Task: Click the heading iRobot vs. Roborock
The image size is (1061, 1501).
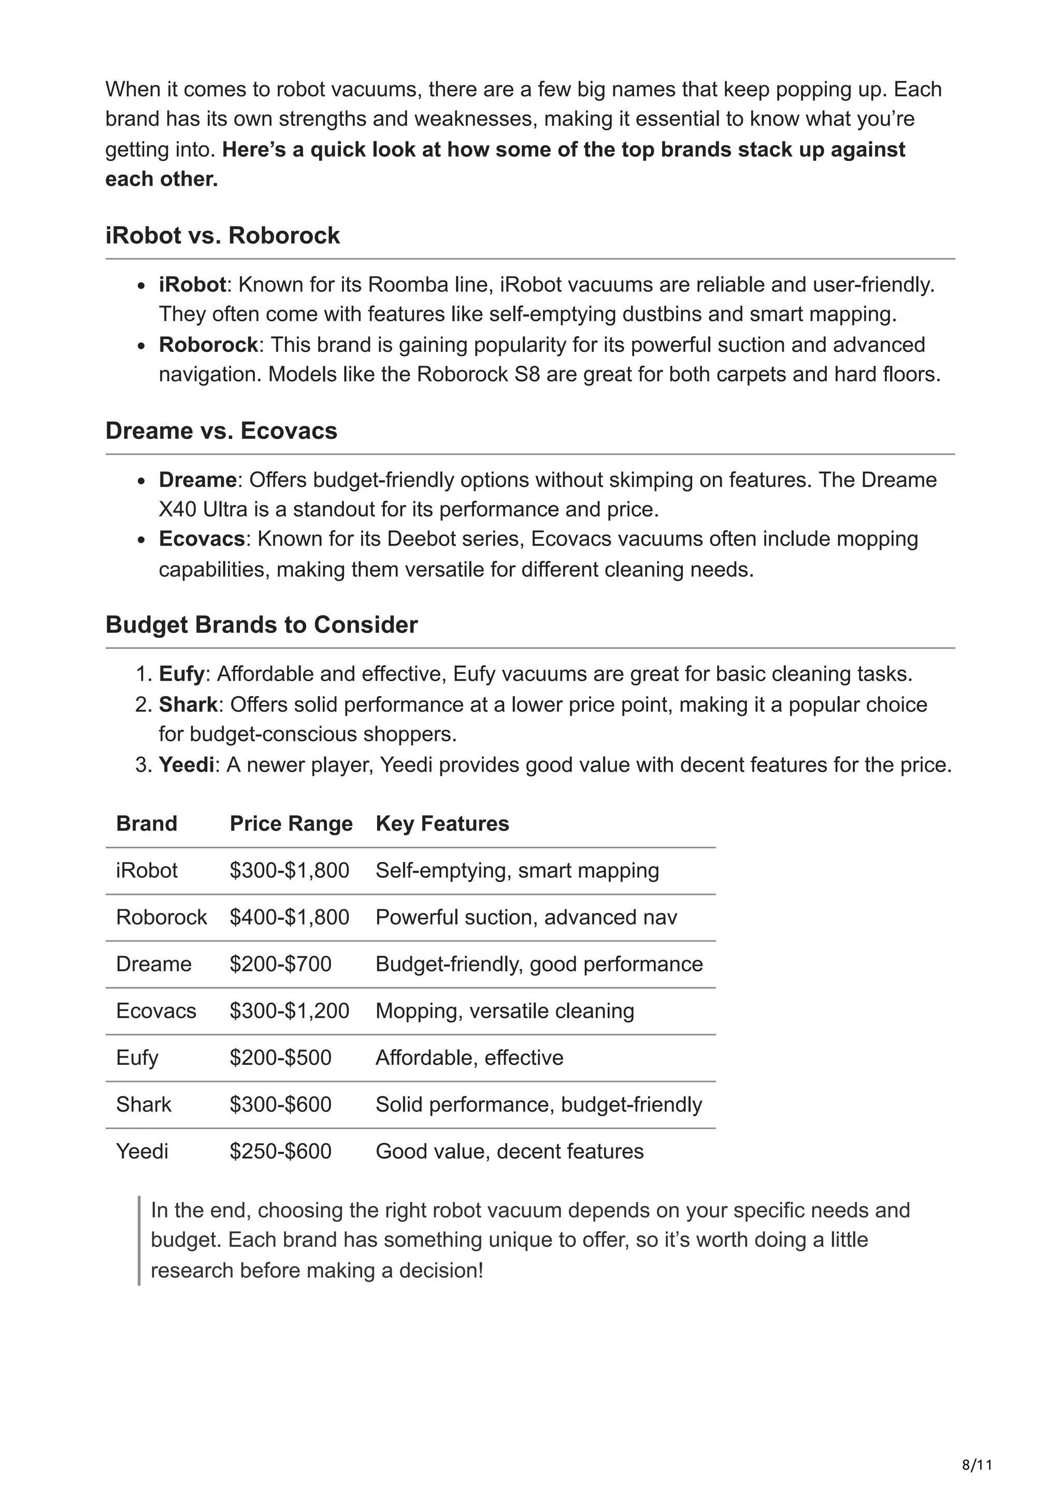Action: coord(222,235)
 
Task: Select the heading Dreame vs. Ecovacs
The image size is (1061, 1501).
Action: coord(221,431)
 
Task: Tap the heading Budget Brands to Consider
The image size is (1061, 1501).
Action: coord(262,625)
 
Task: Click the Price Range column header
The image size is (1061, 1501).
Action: coord(291,824)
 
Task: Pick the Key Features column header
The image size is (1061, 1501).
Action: coord(442,824)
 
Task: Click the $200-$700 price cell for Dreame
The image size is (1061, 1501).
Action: coord(280,964)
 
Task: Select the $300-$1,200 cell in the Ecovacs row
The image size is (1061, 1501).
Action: coord(289,1012)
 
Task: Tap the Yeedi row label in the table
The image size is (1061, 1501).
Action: coord(142,1151)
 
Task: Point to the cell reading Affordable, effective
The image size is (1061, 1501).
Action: coord(469,1058)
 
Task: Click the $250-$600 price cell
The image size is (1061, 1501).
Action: coord(280,1151)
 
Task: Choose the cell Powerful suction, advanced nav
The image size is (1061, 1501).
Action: coord(526,918)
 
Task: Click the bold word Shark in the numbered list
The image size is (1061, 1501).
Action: coord(188,705)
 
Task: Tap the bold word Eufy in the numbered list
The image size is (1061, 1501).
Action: coord(181,674)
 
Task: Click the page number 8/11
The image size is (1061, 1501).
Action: coord(977,1465)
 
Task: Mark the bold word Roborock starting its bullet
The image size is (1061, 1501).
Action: coord(208,345)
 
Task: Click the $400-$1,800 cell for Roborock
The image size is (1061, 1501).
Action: coord(289,918)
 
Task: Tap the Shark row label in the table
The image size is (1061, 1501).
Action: coord(143,1105)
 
